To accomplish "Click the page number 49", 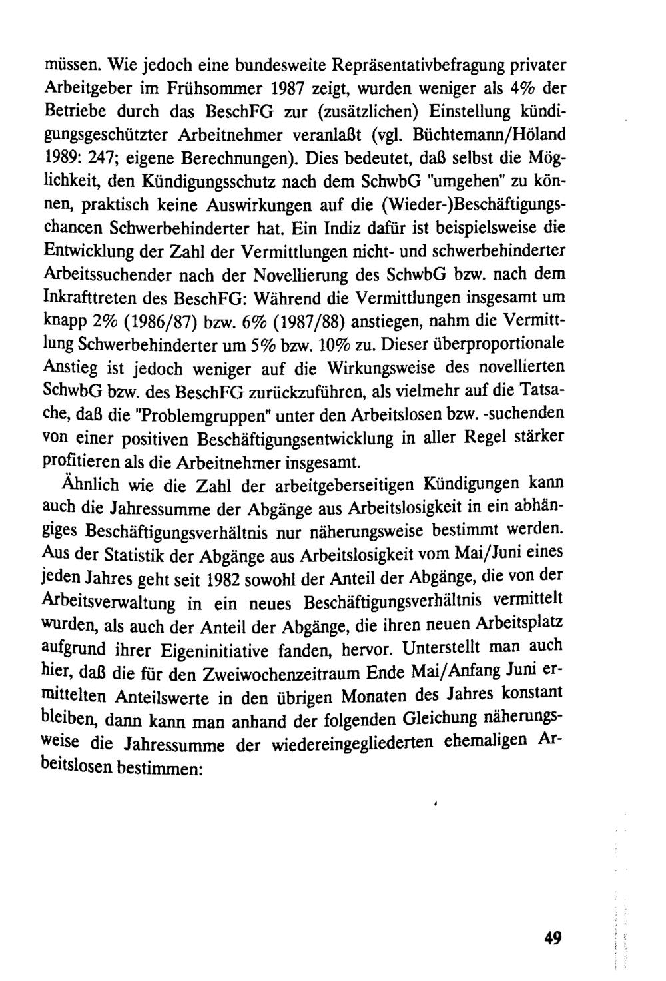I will point(553,938).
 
